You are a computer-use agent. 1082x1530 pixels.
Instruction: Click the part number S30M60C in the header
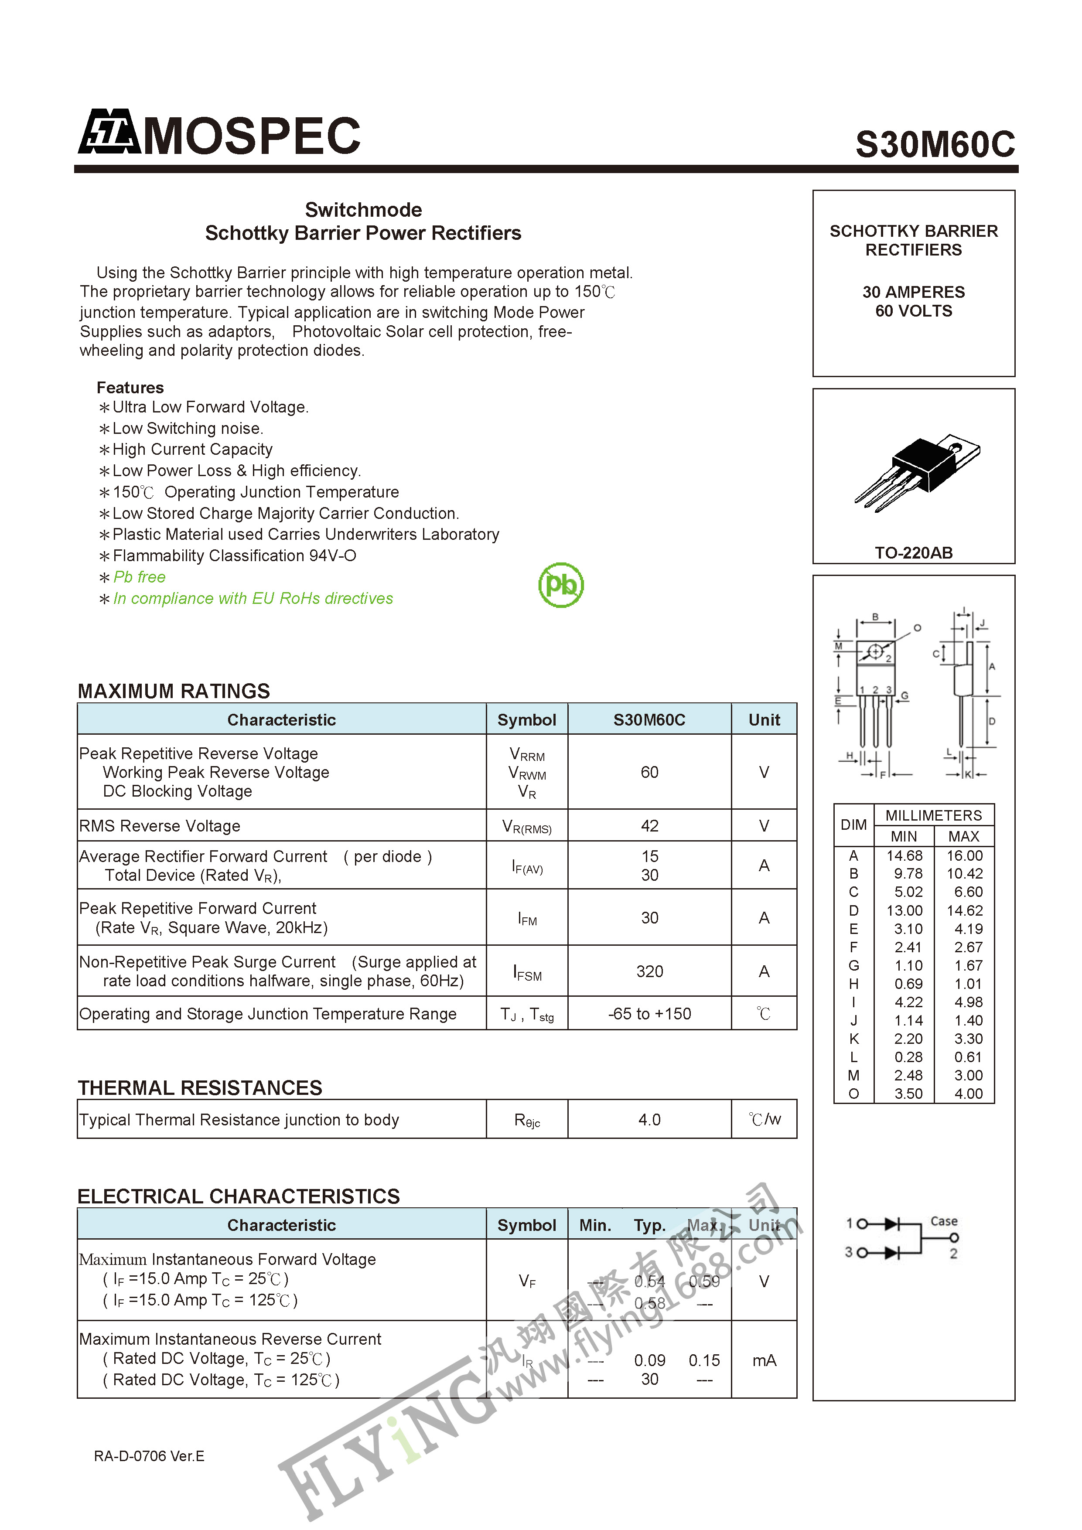(x=935, y=144)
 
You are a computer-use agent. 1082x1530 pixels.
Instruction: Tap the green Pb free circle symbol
(x=561, y=585)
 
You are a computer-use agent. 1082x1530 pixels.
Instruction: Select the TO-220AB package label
(x=913, y=552)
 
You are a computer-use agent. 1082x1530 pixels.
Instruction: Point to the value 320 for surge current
(x=649, y=971)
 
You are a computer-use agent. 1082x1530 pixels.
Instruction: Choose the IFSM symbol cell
(x=527, y=973)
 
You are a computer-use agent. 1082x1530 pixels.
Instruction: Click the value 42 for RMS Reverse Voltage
(x=649, y=826)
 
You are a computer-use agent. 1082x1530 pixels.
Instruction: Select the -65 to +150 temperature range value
(x=649, y=1014)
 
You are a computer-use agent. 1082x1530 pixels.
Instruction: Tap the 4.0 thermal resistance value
(x=649, y=1120)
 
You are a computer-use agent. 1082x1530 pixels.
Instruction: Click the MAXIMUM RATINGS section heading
(x=174, y=691)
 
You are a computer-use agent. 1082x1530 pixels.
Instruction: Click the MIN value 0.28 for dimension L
(x=908, y=1057)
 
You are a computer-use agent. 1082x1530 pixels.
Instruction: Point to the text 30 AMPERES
(x=913, y=292)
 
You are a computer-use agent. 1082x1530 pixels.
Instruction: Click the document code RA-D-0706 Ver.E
(x=149, y=1456)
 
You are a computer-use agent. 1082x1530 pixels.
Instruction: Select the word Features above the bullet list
(x=130, y=388)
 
